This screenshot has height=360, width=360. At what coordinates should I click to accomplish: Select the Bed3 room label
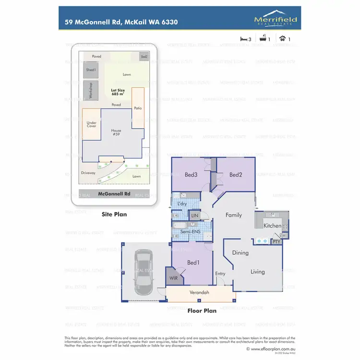(x=191, y=175)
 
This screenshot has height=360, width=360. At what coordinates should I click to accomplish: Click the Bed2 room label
(x=236, y=175)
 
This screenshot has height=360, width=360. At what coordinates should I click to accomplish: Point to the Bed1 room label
(x=193, y=263)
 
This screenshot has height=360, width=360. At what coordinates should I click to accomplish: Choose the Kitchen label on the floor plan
(x=272, y=226)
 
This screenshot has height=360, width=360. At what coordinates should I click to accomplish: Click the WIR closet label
(x=173, y=278)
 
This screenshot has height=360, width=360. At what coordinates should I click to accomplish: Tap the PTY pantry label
(x=276, y=241)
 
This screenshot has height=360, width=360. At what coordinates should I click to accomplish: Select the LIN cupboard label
(x=194, y=216)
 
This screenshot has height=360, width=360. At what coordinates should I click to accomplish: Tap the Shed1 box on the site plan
(x=91, y=70)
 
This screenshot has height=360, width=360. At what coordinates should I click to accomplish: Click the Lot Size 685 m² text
(x=118, y=92)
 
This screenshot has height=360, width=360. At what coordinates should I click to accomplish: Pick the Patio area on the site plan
(x=138, y=108)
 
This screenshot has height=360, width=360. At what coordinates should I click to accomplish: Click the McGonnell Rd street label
(x=114, y=194)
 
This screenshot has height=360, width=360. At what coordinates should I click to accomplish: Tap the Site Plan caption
(x=114, y=215)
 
